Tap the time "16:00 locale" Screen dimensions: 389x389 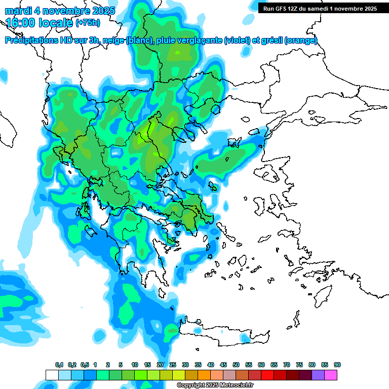[x=40, y=23]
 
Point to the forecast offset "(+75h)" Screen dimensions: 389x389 [x=88, y=23]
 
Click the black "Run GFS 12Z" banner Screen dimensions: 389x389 [x=320, y=9]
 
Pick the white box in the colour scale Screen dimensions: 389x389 [x=52, y=375]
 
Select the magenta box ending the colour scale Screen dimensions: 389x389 [x=331, y=375]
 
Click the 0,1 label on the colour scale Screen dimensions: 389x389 [x=59, y=365]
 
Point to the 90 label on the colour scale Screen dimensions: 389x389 [x=337, y=365]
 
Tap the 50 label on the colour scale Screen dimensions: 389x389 [x=236, y=365]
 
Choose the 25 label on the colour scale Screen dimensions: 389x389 [x=173, y=365]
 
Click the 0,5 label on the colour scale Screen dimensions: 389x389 [x=85, y=365]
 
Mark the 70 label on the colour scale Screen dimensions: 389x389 [x=287, y=365]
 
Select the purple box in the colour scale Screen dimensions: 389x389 [x=318, y=375]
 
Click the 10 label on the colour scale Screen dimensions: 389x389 [x=135, y=365]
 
